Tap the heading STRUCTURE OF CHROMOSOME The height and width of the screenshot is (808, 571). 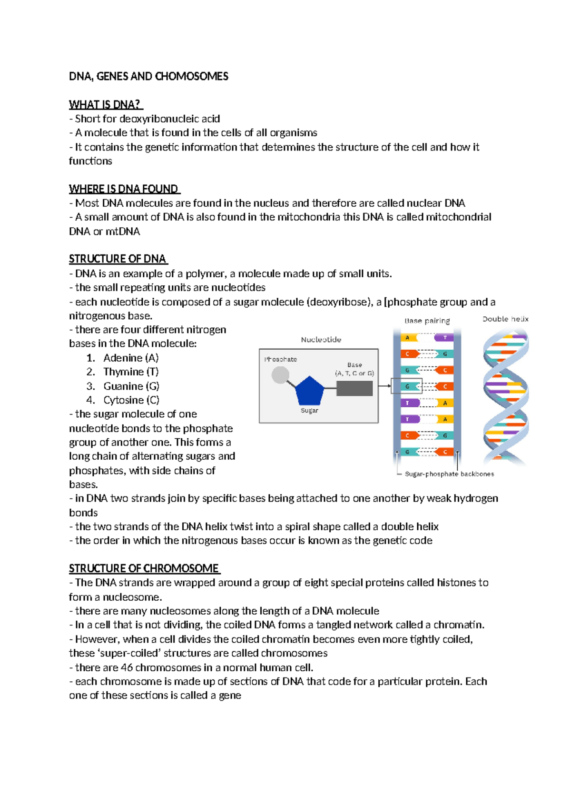[x=143, y=568]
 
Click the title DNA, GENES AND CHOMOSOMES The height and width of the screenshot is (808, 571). [x=148, y=76]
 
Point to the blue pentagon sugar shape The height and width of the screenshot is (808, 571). [x=309, y=392]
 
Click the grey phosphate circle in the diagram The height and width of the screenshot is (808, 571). [x=280, y=375]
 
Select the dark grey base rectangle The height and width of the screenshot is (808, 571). [x=354, y=388]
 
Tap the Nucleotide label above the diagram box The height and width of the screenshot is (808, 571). [x=321, y=340]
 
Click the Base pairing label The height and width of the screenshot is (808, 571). [x=427, y=321]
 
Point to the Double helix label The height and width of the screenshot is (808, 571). [x=505, y=319]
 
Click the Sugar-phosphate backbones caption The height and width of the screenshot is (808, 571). [x=449, y=474]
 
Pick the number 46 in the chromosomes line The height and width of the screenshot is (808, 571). [x=127, y=667]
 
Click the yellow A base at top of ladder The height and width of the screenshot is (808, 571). [x=408, y=338]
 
